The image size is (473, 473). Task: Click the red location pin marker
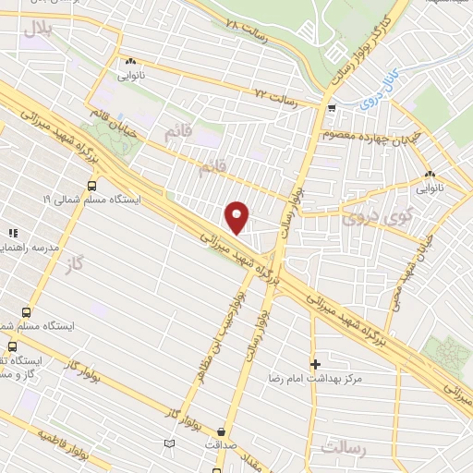[237, 216]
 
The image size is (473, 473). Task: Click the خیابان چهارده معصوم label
[375, 137]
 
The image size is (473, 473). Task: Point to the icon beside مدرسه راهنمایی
[13, 234]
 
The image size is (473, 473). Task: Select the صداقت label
[221, 444]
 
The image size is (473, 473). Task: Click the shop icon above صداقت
[221, 431]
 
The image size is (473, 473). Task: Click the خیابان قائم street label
[115, 124]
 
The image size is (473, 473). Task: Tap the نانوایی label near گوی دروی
[431, 188]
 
